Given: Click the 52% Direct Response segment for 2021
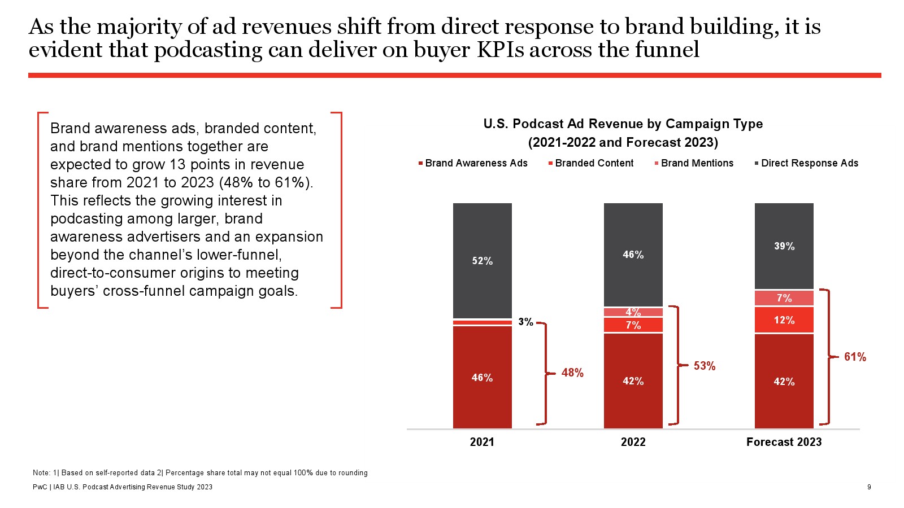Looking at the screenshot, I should click(482, 260).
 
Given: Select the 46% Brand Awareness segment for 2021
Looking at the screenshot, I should click(482, 377).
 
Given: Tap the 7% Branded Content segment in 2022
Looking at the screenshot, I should click(633, 325).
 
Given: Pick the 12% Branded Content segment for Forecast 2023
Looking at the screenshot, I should click(784, 320).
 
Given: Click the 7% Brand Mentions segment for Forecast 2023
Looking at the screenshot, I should click(784, 298).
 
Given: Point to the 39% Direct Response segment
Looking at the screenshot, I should click(784, 246).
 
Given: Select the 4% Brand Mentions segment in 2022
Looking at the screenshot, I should click(633, 312).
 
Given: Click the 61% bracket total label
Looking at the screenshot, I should click(855, 357).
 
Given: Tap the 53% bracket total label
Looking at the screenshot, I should click(704, 366).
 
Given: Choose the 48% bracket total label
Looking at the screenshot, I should click(572, 373).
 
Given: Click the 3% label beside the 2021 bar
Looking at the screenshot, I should click(525, 322).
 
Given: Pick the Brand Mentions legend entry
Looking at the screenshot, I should click(697, 163).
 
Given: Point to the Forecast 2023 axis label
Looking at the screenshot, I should click(784, 442).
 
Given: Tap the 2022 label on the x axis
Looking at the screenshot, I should click(633, 442).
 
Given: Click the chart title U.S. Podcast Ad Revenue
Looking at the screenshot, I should click(623, 124).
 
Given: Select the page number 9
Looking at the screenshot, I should click(869, 487).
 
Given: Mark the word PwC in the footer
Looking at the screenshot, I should click(40, 487).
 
